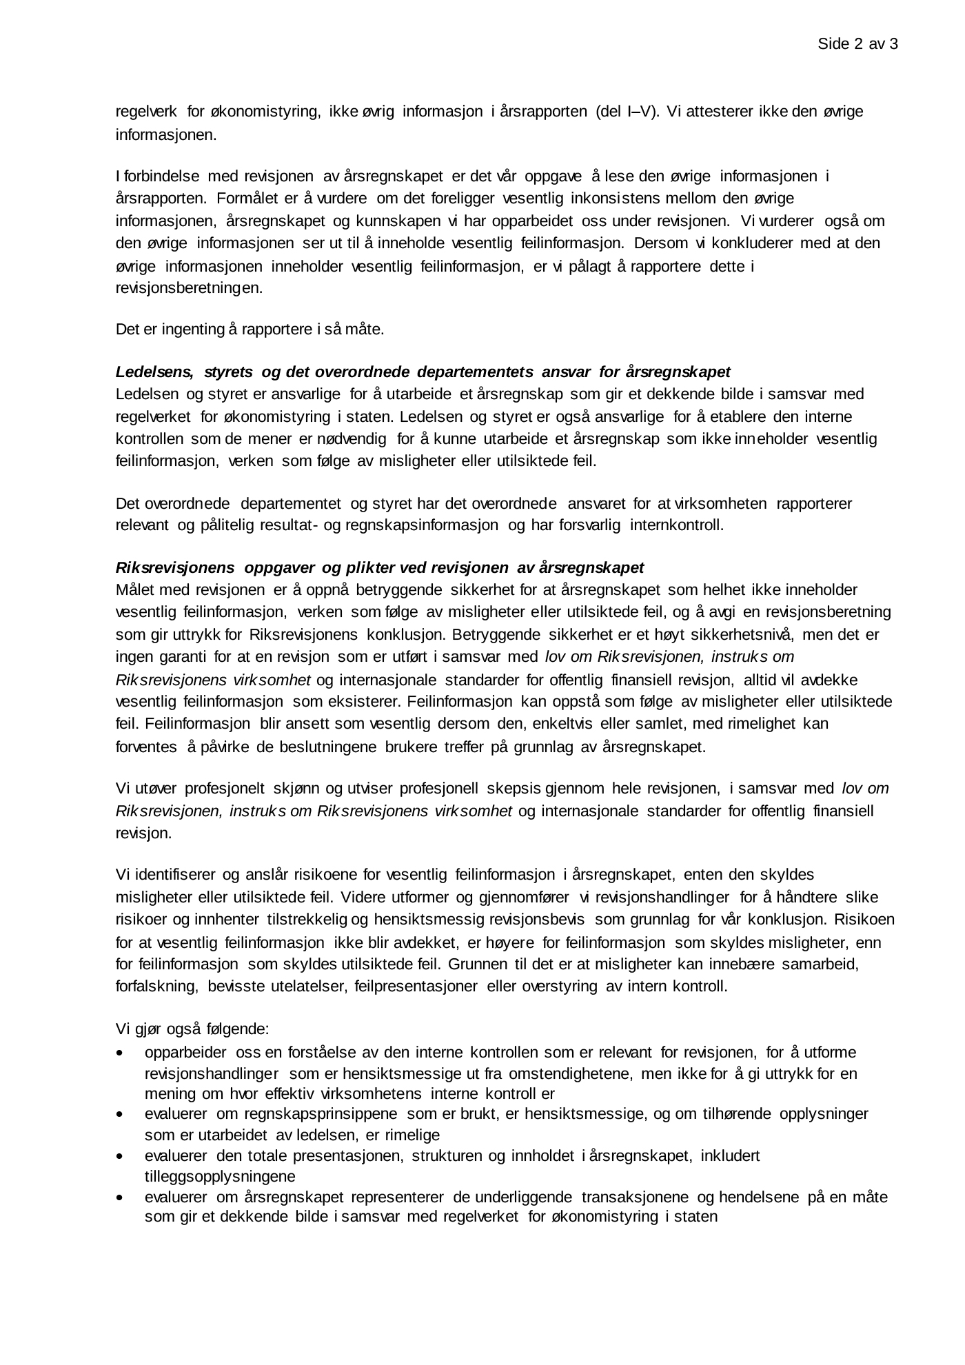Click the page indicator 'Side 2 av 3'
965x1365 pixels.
click(857, 45)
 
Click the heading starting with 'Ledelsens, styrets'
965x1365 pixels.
click(423, 372)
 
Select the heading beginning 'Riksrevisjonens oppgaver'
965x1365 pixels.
click(379, 567)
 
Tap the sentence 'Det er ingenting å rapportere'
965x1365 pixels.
click(250, 330)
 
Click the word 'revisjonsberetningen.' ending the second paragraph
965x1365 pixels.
click(189, 288)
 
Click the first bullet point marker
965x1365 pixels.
click(121, 1054)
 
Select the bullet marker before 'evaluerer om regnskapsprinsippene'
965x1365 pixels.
click(121, 1114)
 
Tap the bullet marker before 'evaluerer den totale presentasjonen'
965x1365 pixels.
click(121, 1156)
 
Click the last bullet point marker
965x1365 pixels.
click(121, 1198)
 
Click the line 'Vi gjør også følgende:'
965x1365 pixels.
click(192, 1029)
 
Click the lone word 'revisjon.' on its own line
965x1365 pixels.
click(143, 833)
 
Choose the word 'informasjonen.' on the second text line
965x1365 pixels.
click(165, 134)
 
